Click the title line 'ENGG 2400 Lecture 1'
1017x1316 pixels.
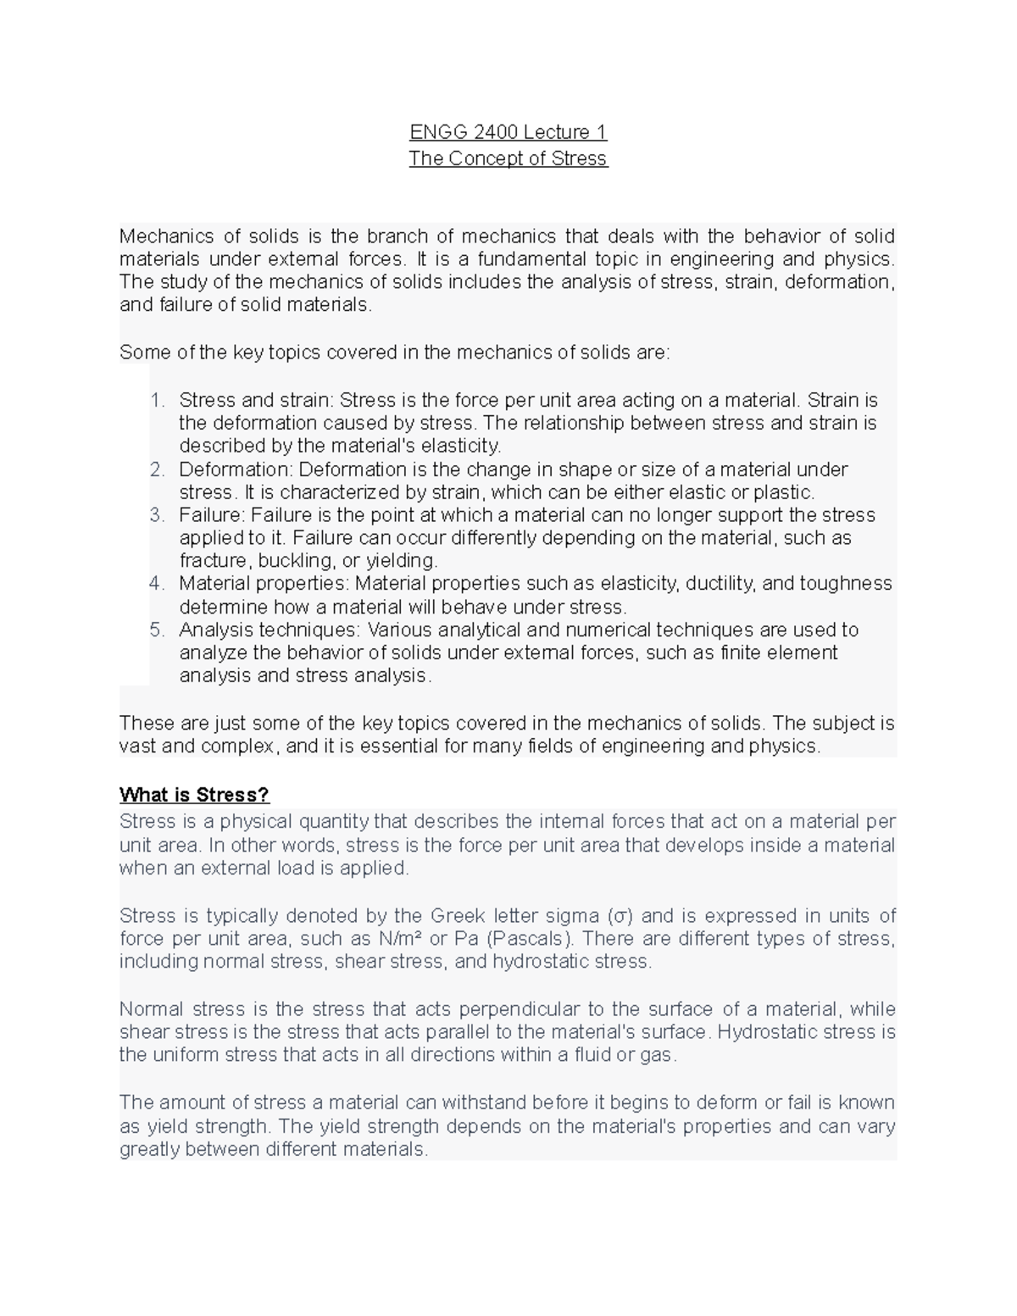(508, 132)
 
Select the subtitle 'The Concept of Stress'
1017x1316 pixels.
(508, 158)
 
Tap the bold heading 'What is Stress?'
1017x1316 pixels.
(194, 795)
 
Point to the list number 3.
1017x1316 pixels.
(157, 515)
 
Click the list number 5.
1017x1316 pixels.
(157, 630)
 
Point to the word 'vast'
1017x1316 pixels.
(138, 747)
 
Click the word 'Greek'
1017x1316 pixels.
(458, 916)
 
